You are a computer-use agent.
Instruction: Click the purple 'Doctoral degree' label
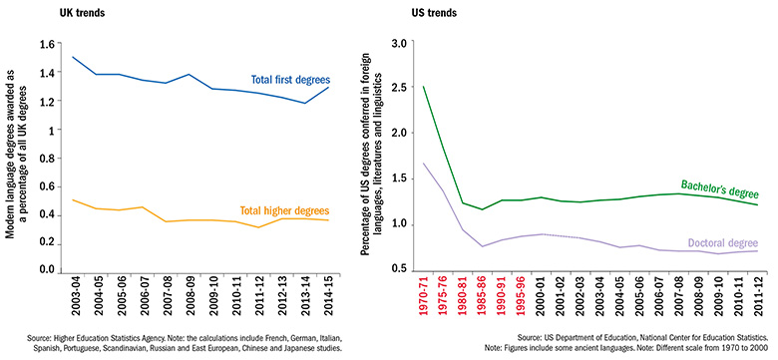pos(717,242)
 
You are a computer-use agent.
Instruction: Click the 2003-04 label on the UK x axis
pos(76,300)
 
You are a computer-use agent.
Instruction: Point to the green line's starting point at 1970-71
pos(424,87)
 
